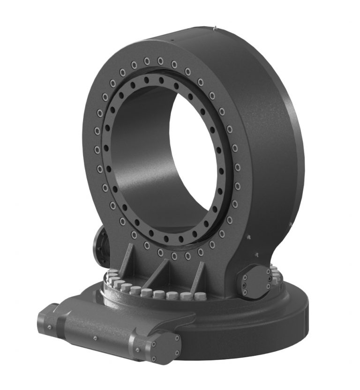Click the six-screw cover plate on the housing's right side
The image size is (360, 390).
coord(256,281)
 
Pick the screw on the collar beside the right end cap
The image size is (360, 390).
coord(137,350)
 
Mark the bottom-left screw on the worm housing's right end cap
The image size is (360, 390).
coord(153,357)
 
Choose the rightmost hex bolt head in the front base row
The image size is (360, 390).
coord(200,296)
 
